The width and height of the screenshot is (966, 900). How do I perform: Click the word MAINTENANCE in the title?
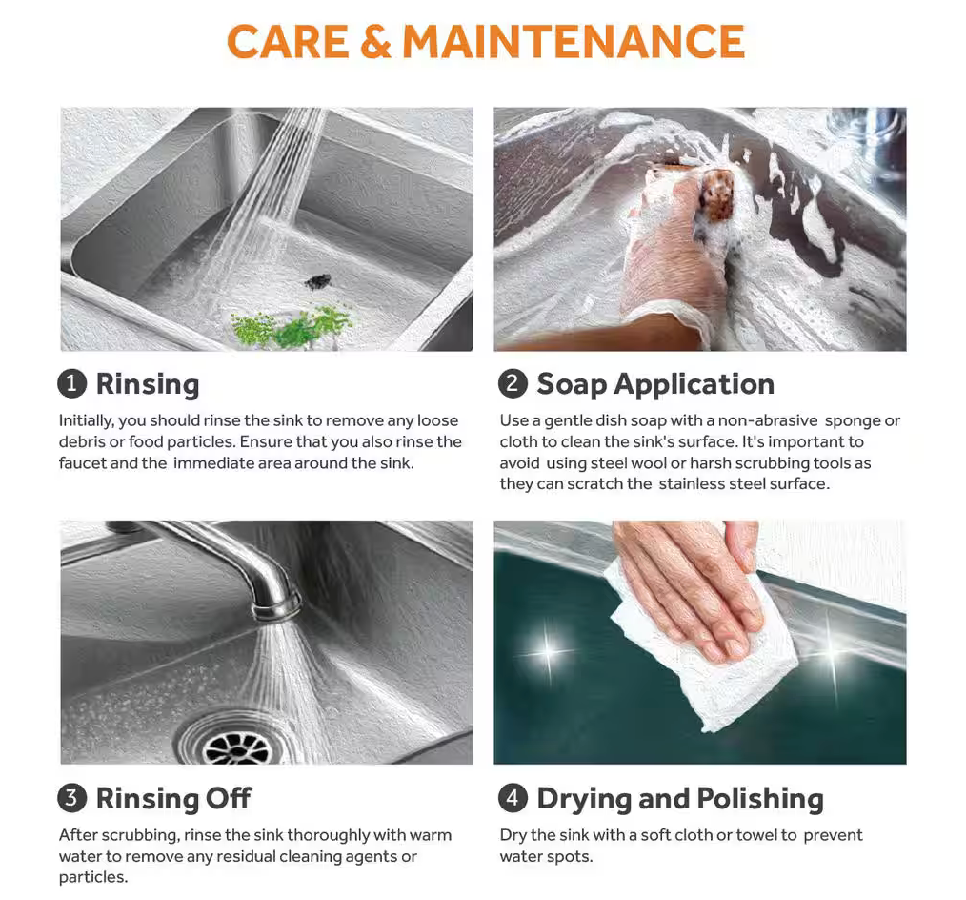(x=574, y=42)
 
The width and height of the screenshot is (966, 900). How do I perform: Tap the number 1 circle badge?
(x=72, y=383)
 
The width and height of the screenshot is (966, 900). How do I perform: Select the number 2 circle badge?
(x=513, y=383)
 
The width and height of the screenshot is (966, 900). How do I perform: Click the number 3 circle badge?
(x=72, y=798)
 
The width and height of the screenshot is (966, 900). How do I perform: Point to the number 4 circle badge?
(x=513, y=798)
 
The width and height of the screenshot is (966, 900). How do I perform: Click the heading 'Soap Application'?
(x=655, y=384)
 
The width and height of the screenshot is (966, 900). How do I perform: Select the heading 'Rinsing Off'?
(x=173, y=798)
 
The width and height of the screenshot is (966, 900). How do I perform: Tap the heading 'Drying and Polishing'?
(x=680, y=799)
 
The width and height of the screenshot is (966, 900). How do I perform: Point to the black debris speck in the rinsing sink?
(x=318, y=282)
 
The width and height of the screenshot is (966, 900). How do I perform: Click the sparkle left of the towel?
(x=548, y=651)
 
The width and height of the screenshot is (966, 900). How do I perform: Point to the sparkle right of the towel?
(x=833, y=647)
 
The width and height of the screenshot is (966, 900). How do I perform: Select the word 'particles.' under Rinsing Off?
(x=93, y=878)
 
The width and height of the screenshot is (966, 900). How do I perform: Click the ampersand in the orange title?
(x=375, y=42)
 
